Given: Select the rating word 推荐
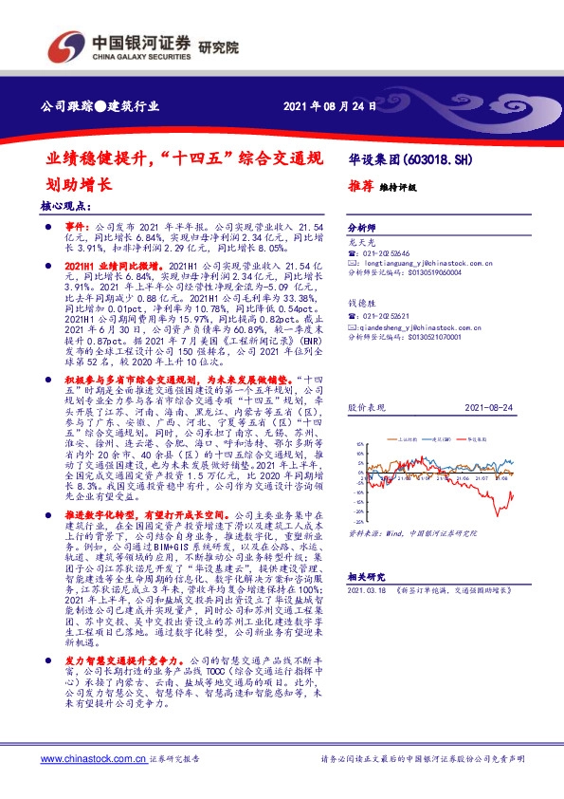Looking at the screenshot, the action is coord(360,188).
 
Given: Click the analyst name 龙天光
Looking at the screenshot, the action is coord(363,244).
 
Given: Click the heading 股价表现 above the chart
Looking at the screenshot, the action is coord(366,405).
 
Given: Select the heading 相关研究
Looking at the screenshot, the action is coord(367,577).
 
